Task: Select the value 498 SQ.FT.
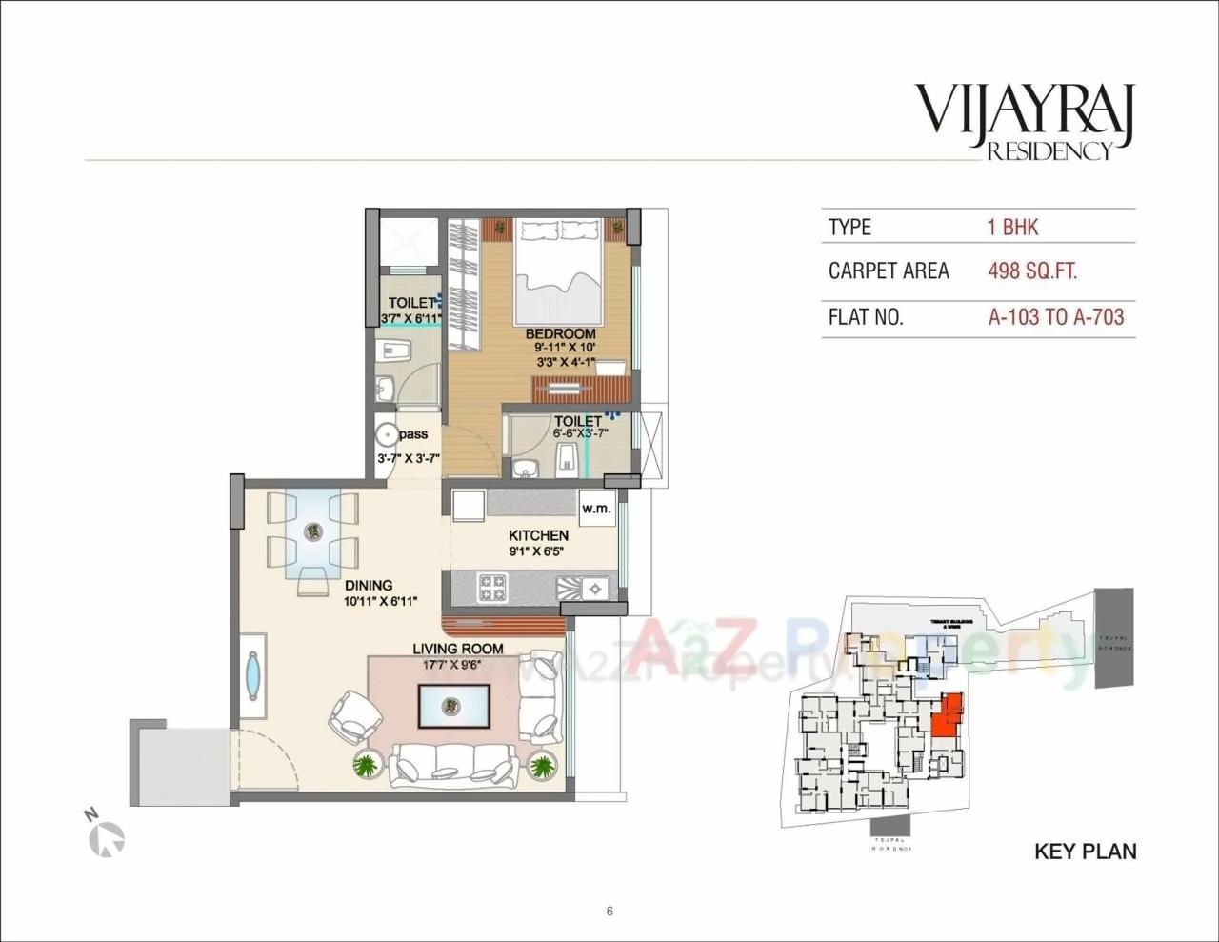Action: [x=1032, y=271]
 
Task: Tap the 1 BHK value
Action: [x=1012, y=227]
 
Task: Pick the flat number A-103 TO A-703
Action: [x=1056, y=317]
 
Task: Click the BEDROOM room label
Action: [x=561, y=334]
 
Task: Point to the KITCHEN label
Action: [x=538, y=535]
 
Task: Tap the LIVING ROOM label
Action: [x=458, y=649]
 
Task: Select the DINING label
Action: [x=369, y=586]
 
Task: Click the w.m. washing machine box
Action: [x=596, y=508]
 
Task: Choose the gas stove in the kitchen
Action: [x=492, y=587]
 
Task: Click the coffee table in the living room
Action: [x=453, y=707]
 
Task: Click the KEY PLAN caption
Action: [x=1085, y=851]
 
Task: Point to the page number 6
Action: [x=609, y=911]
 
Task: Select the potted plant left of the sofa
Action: [x=366, y=764]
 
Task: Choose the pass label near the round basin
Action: [x=413, y=434]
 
